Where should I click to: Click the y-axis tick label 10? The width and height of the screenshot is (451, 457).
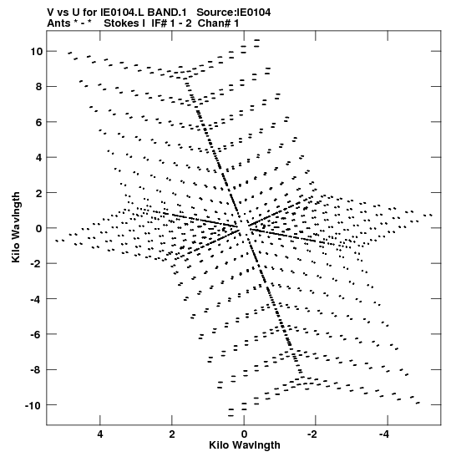pyautogui.click(x=36, y=51)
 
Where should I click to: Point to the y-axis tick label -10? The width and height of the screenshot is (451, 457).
pyautogui.click(x=33, y=405)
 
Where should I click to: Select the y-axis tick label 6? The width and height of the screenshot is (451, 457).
pyautogui.click(x=39, y=122)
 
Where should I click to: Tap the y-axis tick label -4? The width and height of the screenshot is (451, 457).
pyautogui.click(x=36, y=299)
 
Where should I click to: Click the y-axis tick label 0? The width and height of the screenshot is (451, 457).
pyautogui.click(x=39, y=228)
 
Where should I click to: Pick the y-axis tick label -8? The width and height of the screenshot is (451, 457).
pyautogui.click(x=36, y=370)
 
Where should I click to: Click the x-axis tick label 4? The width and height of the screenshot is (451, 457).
pyautogui.click(x=100, y=434)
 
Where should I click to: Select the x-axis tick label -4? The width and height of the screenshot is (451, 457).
pyautogui.click(x=384, y=434)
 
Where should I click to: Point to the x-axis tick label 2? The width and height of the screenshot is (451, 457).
pyautogui.click(x=172, y=434)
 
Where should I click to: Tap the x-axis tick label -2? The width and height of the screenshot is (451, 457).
pyautogui.click(x=312, y=434)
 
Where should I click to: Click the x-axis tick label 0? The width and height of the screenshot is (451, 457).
pyautogui.click(x=244, y=434)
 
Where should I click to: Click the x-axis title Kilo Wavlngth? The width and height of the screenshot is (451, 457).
pyautogui.click(x=245, y=445)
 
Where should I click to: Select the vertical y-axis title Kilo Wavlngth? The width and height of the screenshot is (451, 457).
pyautogui.click(x=16, y=227)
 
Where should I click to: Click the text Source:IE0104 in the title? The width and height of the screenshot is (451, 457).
pyautogui.click(x=233, y=13)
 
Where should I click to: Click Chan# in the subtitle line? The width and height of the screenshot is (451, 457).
pyautogui.click(x=214, y=23)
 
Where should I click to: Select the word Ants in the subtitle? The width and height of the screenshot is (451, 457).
pyautogui.click(x=58, y=23)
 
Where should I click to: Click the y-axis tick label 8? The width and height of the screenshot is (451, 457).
pyautogui.click(x=39, y=87)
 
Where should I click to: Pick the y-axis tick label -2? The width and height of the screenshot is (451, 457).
pyautogui.click(x=36, y=263)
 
